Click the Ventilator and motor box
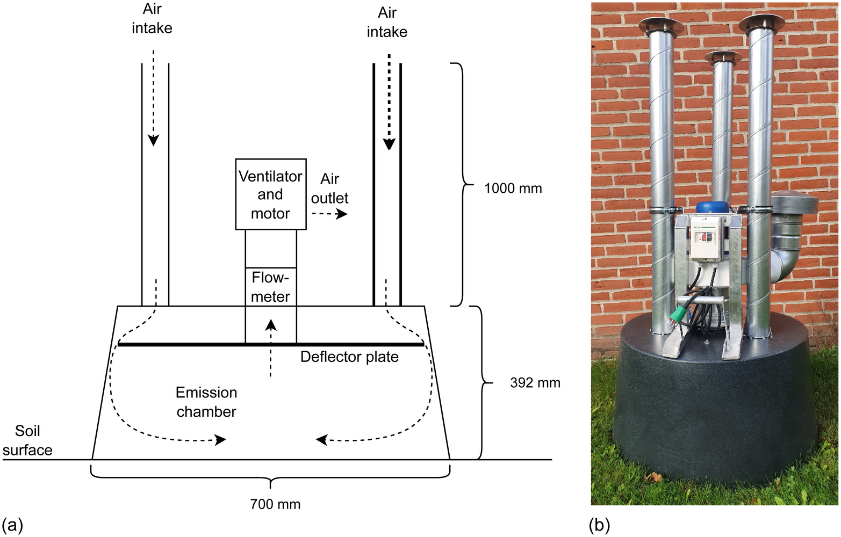pos(271,194)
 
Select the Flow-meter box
pos(271,287)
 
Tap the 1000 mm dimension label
pos(513,188)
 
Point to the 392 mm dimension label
pos(535,383)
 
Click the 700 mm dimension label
pos(275,504)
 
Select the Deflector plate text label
pos(349,357)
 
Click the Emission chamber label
pos(206,402)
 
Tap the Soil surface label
pos(27,440)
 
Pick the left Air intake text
pos(152,19)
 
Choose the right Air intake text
pos(387,22)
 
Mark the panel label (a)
pos(12,525)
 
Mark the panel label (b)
pos(599,525)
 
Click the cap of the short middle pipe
pos(723,57)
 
